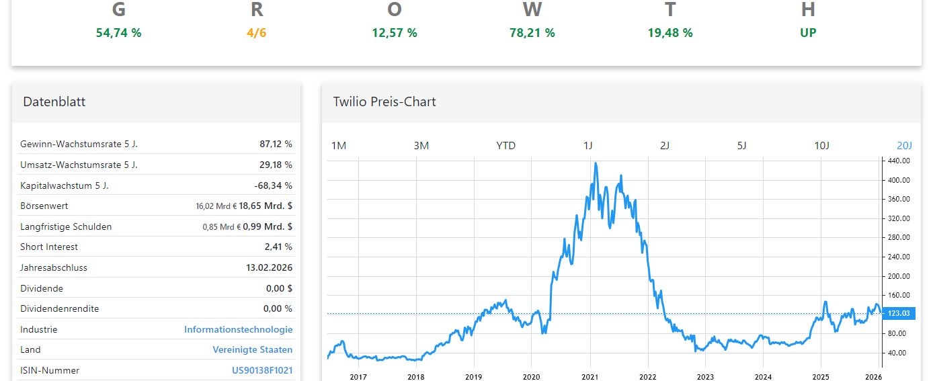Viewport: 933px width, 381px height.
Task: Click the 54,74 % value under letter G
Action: point(118,33)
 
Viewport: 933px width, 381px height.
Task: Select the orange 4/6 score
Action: point(256,33)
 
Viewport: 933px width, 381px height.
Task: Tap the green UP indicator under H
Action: point(808,33)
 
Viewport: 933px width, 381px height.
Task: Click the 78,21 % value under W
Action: point(532,33)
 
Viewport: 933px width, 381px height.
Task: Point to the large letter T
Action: point(670,9)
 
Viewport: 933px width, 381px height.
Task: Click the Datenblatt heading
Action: point(54,102)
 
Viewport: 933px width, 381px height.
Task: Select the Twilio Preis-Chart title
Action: point(384,102)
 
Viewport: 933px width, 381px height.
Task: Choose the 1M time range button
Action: point(339,146)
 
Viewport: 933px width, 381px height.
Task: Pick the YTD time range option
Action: point(505,146)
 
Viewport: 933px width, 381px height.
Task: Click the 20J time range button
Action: point(904,146)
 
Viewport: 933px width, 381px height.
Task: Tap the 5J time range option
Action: point(741,146)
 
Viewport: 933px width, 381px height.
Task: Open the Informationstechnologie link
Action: point(238,329)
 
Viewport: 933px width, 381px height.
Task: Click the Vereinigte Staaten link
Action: point(252,350)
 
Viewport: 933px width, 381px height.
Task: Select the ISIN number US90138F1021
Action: point(262,370)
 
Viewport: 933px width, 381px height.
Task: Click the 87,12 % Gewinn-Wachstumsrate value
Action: point(276,144)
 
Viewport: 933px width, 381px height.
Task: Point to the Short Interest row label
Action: point(49,247)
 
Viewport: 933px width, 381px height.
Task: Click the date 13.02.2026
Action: point(269,267)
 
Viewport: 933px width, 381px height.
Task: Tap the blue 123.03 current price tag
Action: point(898,314)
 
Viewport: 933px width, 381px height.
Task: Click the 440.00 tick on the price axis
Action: point(899,161)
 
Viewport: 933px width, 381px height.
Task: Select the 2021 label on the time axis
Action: point(590,377)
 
